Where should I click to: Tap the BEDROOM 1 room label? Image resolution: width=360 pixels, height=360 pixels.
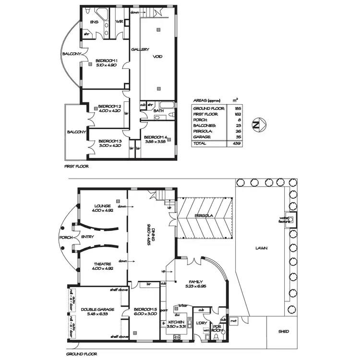[107, 60]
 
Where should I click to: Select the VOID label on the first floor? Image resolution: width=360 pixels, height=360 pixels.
[157, 57]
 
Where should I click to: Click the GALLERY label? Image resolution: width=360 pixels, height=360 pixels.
[140, 49]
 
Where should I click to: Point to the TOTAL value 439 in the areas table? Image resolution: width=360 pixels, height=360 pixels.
[236, 143]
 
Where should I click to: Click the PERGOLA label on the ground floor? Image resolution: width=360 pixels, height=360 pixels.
[204, 216]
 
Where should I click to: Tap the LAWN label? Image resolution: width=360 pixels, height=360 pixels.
[261, 248]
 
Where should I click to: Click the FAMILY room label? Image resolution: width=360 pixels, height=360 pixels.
[195, 282]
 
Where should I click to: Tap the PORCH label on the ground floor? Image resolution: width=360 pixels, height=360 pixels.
[65, 237]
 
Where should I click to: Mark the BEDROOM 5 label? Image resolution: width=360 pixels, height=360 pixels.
[144, 309]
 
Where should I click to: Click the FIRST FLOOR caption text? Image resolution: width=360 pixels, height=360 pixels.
[76, 167]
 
